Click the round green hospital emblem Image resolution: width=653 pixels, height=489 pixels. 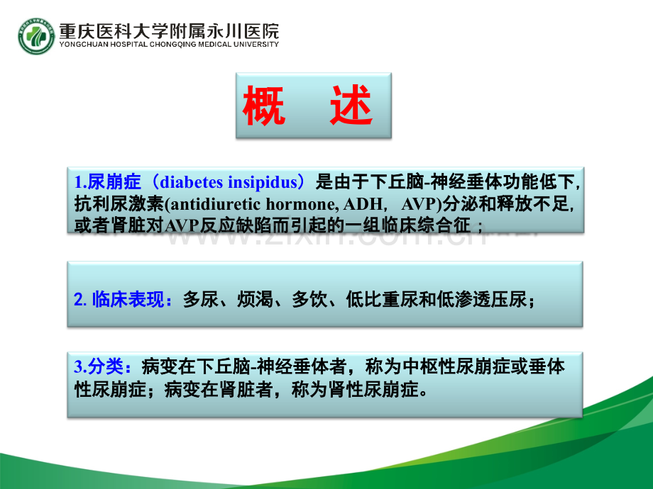[x=36, y=37]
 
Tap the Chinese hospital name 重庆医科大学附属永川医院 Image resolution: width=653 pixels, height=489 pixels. [x=169, y=30]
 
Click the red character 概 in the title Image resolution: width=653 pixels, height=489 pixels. [x=264, y=106]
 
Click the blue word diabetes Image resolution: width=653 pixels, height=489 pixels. [x=191, y=182]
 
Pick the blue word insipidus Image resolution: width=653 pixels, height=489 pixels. [x=263, y=183]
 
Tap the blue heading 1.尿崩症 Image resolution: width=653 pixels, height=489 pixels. [x=107, y=182]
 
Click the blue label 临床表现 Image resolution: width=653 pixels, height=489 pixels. [x=128, y=299]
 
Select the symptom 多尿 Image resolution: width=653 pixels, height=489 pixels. [x=200, y=299]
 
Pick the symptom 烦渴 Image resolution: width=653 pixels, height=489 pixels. [x=255, y=299]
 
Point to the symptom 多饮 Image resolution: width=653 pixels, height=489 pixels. [x=309, y=299]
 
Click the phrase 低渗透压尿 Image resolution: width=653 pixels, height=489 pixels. [x=481, y=299]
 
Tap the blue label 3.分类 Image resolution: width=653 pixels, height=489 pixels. [x=99, y=366]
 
